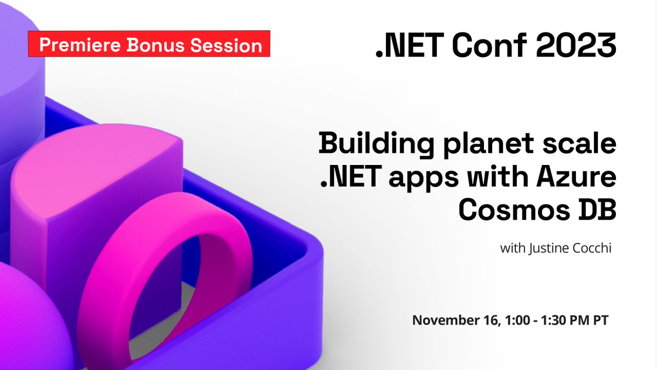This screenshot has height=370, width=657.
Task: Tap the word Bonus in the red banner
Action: pos(156,45)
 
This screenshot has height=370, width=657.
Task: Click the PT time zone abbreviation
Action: pos(600,320)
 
